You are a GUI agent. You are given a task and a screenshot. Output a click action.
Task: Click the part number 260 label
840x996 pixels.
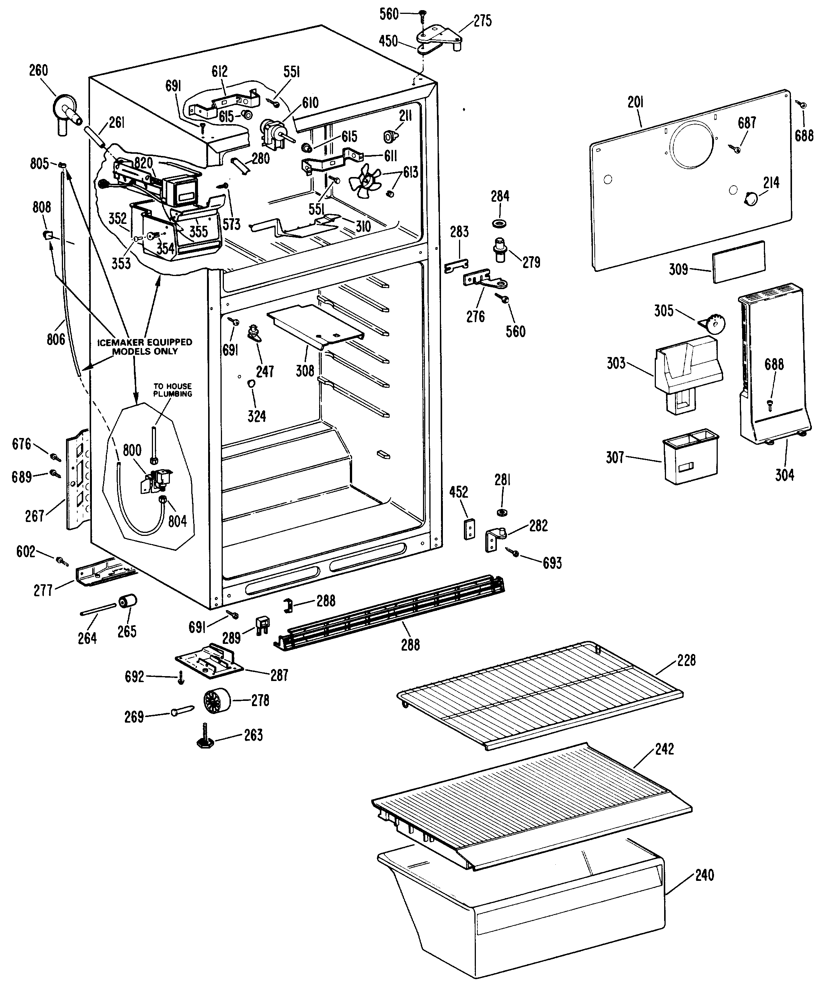39,70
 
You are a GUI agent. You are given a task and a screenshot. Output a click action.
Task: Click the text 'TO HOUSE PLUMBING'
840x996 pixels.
172,390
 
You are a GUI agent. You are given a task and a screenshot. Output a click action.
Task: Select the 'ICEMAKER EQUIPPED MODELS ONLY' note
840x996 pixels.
145,346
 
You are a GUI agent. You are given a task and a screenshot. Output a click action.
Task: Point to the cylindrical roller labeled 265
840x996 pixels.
127,601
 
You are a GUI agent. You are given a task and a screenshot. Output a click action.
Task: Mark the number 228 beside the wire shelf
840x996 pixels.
686,660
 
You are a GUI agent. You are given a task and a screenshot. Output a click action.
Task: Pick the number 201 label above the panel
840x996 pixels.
636,102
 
